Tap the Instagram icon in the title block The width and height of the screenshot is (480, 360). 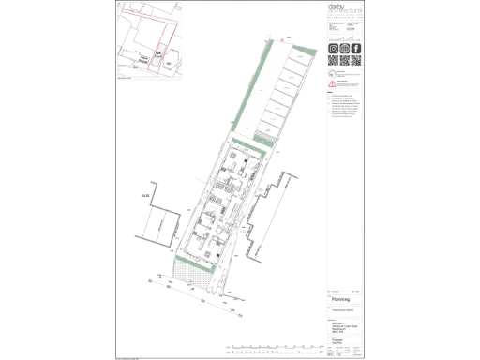coord(333,49)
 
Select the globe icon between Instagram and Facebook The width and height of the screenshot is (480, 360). coord(344,49)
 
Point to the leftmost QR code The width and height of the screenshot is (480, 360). coord(333,61)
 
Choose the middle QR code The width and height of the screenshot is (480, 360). coord(344,61)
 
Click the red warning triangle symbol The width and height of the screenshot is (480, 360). coord(332,82)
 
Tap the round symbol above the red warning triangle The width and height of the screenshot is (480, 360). coord(332,72)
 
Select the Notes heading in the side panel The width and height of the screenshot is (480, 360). coord(330,92)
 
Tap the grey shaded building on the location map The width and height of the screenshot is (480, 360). coord(159,56)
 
